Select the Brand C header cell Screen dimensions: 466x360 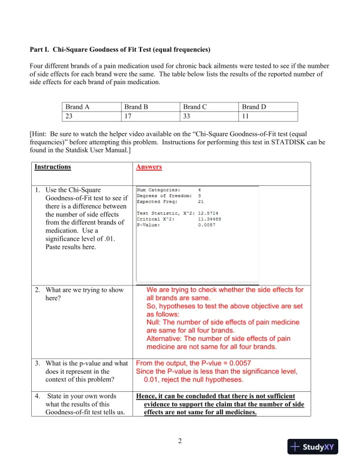195,107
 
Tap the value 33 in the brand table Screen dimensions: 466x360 188,116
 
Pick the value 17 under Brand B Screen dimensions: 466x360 129,116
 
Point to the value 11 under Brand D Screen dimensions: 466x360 246,116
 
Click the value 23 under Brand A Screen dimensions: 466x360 70,116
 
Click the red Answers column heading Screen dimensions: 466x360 149,167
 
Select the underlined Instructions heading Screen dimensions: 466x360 52,167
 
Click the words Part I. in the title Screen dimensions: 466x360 41,49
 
